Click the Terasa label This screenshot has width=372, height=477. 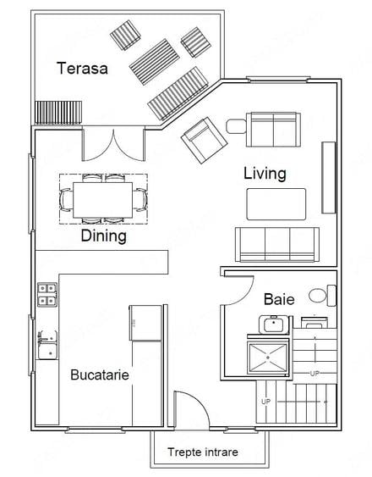click(82, 68)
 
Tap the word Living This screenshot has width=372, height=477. click(265, 174)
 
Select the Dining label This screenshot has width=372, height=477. click(103, 236)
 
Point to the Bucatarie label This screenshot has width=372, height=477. click(100, 374)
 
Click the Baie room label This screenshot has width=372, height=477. click(279, 299)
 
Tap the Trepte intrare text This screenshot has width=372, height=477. click(203, 452)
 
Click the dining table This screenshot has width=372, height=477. click(102, 200)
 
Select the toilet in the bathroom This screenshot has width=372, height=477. click(322, 296)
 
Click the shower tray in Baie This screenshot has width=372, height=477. click(267, 358)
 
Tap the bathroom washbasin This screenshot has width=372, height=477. click(274, 324)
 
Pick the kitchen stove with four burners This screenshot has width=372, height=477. click(47, 295)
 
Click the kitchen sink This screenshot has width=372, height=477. click(47, 345)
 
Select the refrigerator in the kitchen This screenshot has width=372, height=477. click(145, 323)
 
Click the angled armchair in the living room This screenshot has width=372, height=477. click(204, 141)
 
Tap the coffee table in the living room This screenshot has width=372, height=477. click(276, 204)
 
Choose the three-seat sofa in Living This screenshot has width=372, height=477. click(277, 244)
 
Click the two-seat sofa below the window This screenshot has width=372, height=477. click(274, 130)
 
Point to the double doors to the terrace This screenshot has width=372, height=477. click(113, 146)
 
